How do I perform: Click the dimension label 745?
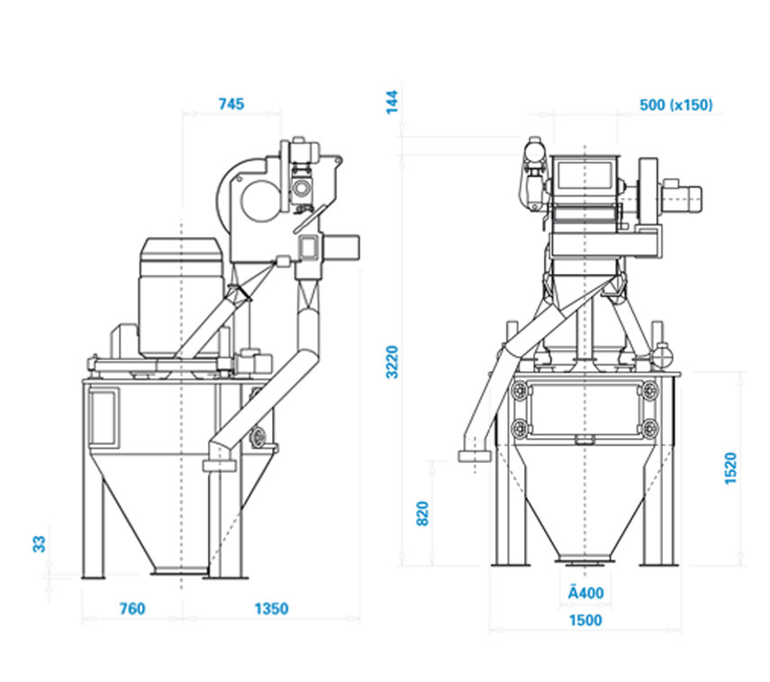point(231,105)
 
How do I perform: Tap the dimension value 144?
point(392,102)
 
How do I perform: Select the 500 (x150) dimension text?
point(675,105)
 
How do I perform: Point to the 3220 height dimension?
point(392,362)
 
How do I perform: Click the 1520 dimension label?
point(730,468)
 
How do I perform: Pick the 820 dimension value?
point(422,514)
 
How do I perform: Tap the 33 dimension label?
point(39,544)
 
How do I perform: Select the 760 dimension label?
point(132,609)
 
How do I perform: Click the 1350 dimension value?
point(271,609)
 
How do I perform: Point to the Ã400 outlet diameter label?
point(585,593)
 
